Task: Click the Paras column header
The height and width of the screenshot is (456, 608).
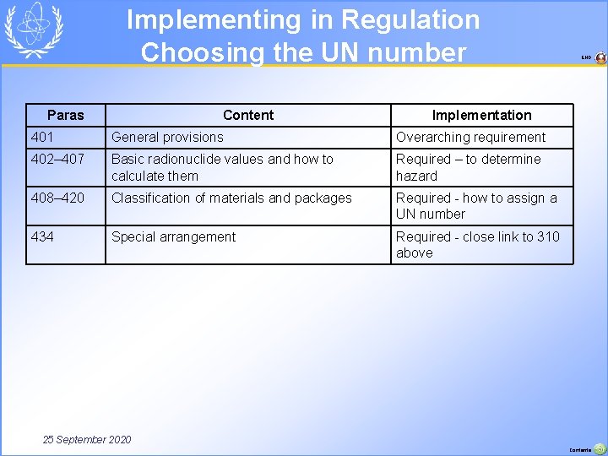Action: pyautogui.click(x=66, y=115)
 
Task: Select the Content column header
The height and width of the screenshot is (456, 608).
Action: pyautogui.click(x=248, y=115)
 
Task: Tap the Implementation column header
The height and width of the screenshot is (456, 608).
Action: pyautogui.click(x=481, y=115)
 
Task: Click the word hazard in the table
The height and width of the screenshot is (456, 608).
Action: pyautogui.click(x=416, y=176)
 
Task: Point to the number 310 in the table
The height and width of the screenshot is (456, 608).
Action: pyautogui.click(x=548, y=236)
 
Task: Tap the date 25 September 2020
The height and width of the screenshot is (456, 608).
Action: pyautogui.click(x=87, y=439)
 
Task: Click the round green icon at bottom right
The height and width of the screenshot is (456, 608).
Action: pyautogui.click(x=600, y=449)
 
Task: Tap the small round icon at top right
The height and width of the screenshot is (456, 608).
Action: pyautogui.click(x=600, y=58)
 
